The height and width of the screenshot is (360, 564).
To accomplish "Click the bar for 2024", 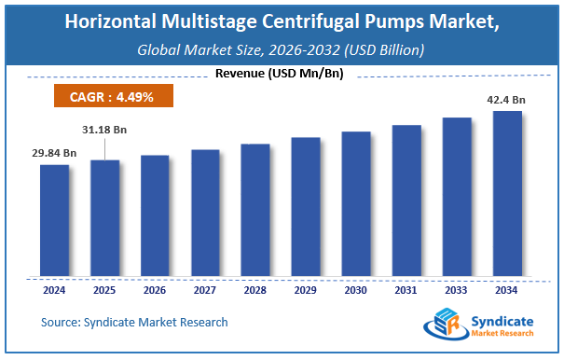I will [x=54, y=220].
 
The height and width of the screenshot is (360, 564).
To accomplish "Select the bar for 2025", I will [x=104, y=218].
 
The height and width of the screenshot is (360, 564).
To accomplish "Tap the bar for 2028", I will [x=255, y=210].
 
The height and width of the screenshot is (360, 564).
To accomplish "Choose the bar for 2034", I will [x=506, y=193].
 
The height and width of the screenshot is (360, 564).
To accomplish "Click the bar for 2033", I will [x=457, y=197].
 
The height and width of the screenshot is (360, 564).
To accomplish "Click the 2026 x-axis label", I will [x=155, y=289].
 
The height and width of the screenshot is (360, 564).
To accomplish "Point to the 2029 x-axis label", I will [x=306, y=289].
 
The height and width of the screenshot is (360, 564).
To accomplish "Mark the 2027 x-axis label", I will [x=205, y=289].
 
